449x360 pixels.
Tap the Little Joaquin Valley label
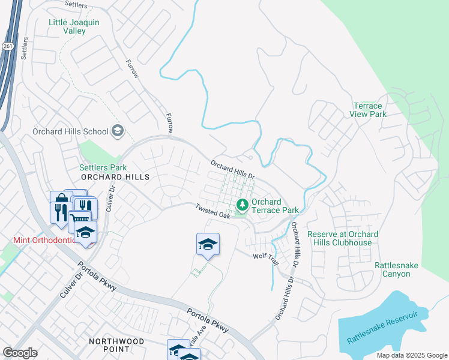(75, 27)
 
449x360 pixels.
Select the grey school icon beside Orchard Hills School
(117, 131)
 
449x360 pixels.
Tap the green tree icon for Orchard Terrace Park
(243, 206)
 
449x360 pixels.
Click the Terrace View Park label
(368, 110)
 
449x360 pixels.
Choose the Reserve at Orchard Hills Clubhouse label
(343, 238)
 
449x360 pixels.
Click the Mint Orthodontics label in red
(44, 240)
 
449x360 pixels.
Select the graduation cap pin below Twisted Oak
(208, 245)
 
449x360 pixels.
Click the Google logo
(20, 352)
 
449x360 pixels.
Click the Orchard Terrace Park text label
(275, 206)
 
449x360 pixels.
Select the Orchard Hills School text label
(70, 131)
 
